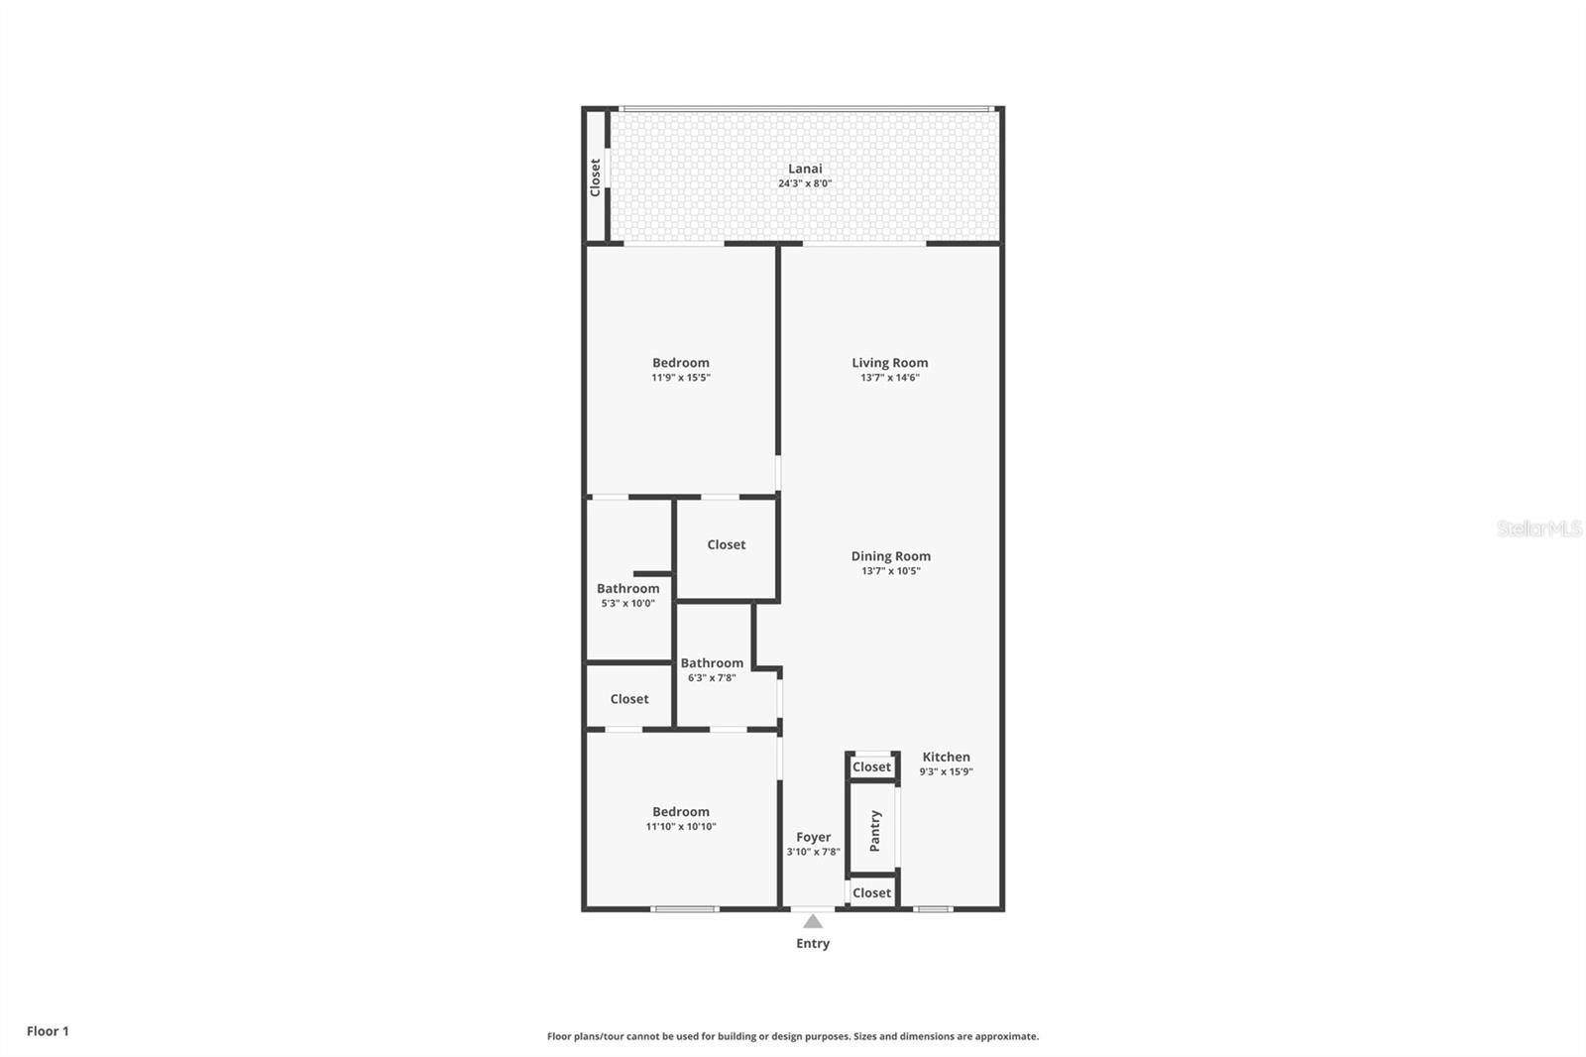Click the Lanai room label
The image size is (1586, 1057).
click(x=805, y=169)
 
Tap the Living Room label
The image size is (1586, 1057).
click(x=889, y=363)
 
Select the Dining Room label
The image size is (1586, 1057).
click(x=890, y=556)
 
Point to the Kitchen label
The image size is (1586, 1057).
click(x=946, y=757)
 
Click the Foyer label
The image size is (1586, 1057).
click(x=813, y=837)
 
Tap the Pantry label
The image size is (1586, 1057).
click(x=874, y=831)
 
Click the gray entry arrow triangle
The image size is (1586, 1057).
click(x=813, y=921)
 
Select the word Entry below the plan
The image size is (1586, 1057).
click(x=813, y=943)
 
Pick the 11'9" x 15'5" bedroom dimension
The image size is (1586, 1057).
click(x=680, y=378)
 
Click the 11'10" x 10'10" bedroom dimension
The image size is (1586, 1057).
click(x=680, y=827)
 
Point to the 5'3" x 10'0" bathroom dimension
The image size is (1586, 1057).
click(x=627, y=604)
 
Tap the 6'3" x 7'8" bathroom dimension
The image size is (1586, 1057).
click(x=712, y=678)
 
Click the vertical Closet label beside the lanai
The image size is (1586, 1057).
click(x=595, y=177)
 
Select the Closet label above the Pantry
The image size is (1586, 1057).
click(x=871, y=766)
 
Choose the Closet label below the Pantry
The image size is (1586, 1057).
click(x=871, y=892)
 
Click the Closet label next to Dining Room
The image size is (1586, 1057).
click(x=726, y=544)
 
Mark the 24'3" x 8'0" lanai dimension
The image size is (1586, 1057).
click(x=805, y=183)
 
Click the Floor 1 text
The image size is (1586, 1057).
click(x=48, y=1031)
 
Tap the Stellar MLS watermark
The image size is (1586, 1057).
click(x=1538, y=528)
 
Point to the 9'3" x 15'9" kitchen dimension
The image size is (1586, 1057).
click(x=946, y=771)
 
